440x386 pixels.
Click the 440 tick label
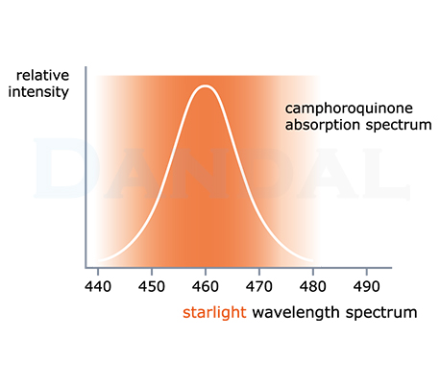point(98,286)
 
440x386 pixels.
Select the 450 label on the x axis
point(152,286)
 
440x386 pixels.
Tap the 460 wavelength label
point(206,286)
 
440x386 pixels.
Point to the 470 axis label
point(259,286)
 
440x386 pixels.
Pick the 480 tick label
point(313,286)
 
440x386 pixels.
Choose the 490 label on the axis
point(367,286)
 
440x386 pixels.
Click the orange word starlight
point(214,312)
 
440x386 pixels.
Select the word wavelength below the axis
point(296,312)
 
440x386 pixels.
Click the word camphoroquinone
point(349,109)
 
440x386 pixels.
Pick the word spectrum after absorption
point(399,126)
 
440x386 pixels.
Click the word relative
point(42,76)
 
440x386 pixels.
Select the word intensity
point(38,92)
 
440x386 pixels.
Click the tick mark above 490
point(367,272)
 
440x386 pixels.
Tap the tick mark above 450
point(152,272)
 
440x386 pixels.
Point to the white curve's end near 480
point(313,261)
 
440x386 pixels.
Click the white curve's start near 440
point(98,261)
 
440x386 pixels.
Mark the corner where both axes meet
point(86,267)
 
